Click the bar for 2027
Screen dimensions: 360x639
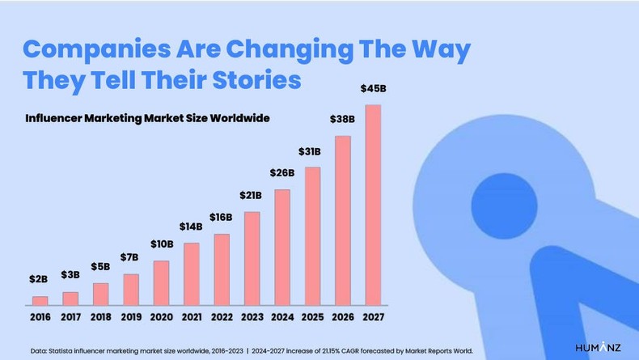(x=373, y=205)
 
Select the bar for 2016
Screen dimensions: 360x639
(x=39, y=301)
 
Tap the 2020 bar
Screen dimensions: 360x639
(x=161, y=283)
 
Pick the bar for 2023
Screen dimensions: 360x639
(x=252, y=259)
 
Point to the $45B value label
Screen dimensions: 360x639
(x=373, y=88)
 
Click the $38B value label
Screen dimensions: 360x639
(x=342, y=119)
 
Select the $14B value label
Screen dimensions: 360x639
(x=191, y=227)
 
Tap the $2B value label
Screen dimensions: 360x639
(x=39, y=279)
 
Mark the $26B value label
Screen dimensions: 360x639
(x=282, y=172)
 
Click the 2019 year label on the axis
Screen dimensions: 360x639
(x=130, y=318)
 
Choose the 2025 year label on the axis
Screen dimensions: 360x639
(x=312, y=318)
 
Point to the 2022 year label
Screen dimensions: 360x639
(x=222, y=318)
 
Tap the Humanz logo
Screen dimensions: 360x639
(x=599, y=347)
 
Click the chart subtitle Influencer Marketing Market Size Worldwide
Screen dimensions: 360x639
(x=146, y=118)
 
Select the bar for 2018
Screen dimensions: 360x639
(x=100, y=294)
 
